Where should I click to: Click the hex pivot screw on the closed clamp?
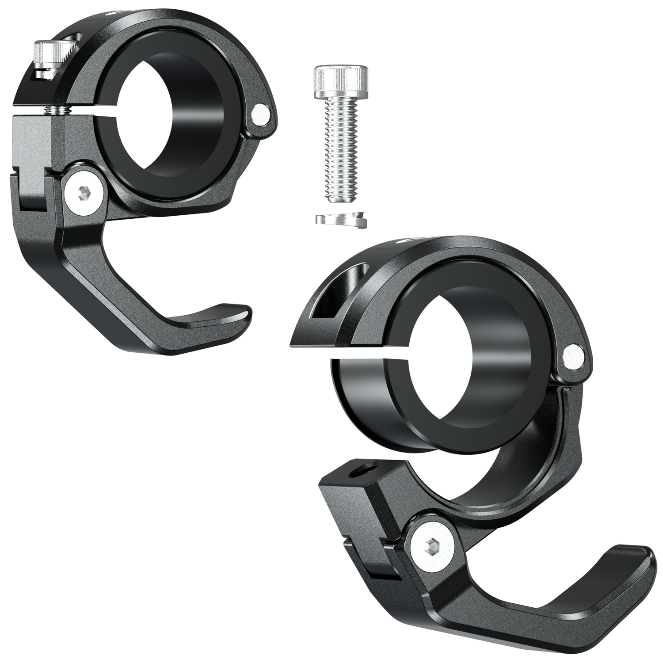(84, 194)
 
